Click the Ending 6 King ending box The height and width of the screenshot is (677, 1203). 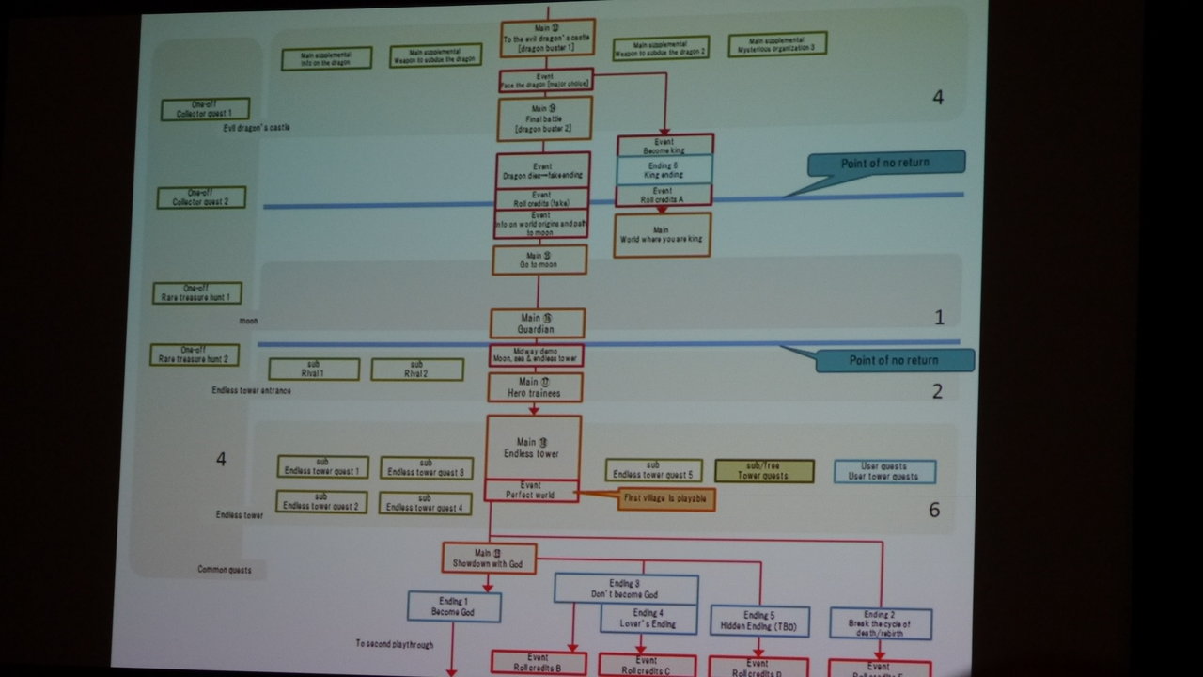[x=664, y=169]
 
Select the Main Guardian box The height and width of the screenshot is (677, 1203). [x=537, y=323]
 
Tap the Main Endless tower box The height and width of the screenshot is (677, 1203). [x=533, y=448]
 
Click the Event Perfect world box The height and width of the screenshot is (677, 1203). [x=531, y=491]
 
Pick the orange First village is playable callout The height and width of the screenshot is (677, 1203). [x=665, y=499]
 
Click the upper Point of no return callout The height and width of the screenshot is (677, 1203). [x=884, y=163]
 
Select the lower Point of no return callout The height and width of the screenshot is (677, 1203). [x=894, y=360]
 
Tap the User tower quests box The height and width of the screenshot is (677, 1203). [x=884, y=471]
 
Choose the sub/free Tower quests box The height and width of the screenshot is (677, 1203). [x=764, y=471]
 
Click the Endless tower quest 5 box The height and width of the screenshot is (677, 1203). [x=653, y=470]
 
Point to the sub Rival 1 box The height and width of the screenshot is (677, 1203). [x=314, y=370]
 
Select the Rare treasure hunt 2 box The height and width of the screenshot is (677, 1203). [x=195, y=354]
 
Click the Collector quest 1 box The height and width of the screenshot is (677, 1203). [x=205, y=109]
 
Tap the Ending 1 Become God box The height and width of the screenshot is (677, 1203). [x=454, y=606]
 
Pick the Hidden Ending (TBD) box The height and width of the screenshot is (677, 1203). [x=759, y=621]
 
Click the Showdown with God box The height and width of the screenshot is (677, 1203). [x=489, y=559]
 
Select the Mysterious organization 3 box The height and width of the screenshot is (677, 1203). [x=776, y=44]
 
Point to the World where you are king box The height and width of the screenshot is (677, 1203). [x=663, y=235]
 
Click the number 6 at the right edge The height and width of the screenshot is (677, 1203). [x=934, y=511]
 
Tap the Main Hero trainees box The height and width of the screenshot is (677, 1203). [x=535, y=387]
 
